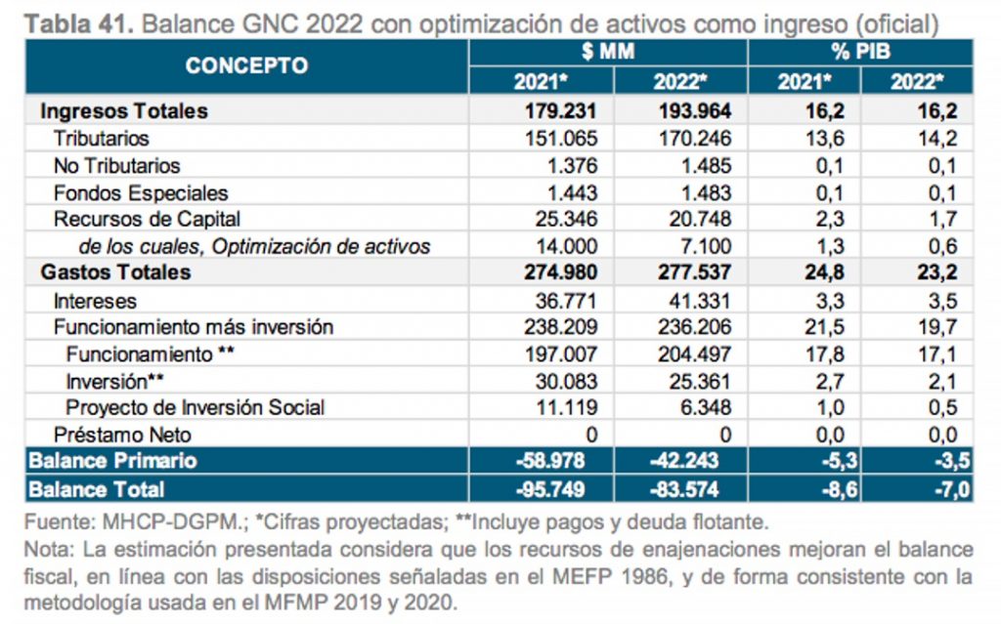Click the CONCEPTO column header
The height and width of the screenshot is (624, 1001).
pyautogui.click(x=246, y=65)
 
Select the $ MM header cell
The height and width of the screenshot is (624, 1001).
pyautogui.click(x=607, y=52)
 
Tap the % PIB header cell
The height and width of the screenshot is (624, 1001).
pyautogui.click(x=860, y=52)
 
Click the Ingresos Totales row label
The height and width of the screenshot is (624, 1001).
pyautogui.click(x=124, y=111)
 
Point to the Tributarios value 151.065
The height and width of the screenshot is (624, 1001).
pyautogui.click(x=558, y=139)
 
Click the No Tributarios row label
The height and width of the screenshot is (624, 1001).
pyautogui.click(x=117, y=166)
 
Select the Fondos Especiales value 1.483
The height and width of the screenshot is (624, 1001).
pyautogui.click(x=702, y=193)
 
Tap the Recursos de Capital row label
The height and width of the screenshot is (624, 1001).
pyautogui.click(x=148, y=220)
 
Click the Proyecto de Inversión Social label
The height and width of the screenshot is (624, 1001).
pyautogui.click(x=196, y=407)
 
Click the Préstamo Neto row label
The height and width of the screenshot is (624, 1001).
pyautogui.click(x=123, y=435)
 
